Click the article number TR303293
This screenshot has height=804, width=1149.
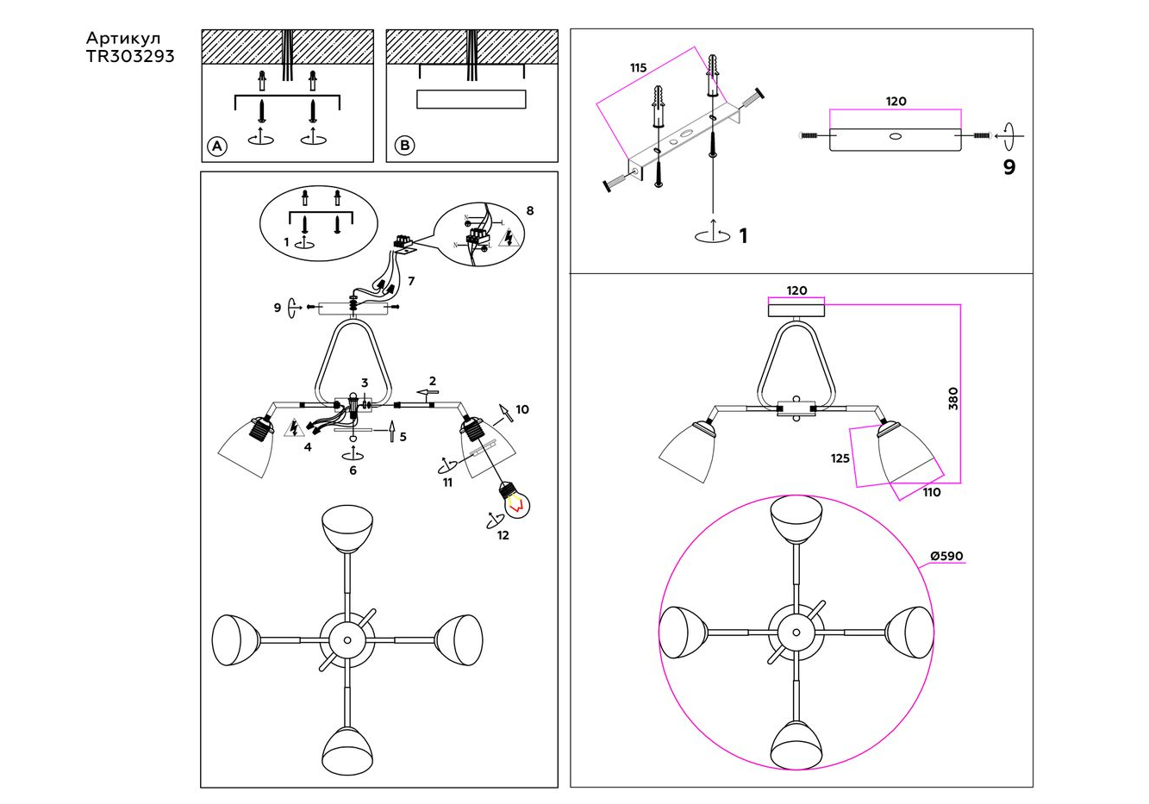[x=130, y=56]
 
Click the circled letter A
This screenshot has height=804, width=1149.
[x=216, y=146]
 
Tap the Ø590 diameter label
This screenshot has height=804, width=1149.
[x=946, y=556]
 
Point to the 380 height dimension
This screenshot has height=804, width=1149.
[x=952, y=398]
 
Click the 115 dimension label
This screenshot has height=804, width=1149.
[x=638, y=68]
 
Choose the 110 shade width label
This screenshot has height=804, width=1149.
[x=932, y=493]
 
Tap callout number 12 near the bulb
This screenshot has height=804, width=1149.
[x=503, y=535]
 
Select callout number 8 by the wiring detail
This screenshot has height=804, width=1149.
[x=529, y=210]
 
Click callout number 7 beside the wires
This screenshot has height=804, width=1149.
[x=411, y=281]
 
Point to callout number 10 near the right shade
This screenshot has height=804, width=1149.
[x=522, y=409]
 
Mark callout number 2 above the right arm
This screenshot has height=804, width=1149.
[x=433, y=381]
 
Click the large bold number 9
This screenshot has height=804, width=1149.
[x=1009, y=167]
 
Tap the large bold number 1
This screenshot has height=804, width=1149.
[x=743, y=236]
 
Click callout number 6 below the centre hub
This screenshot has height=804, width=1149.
[x=353, y=471]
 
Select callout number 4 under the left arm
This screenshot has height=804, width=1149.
[x=307, y=446]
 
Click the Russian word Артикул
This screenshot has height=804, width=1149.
[x=122, y=39]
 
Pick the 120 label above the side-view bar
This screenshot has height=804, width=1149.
[x=896, y=101]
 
